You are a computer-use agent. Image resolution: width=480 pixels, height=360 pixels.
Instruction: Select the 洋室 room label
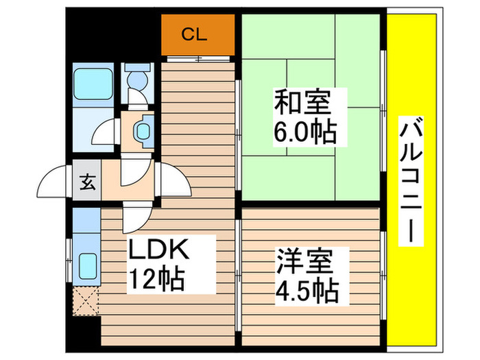pyautogui.click(x=305, y=263)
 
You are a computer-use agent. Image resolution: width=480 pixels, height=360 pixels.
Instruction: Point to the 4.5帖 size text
pyautogui.click(x=307, y=290)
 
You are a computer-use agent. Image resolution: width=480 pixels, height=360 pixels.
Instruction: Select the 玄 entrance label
pyautogui.click(x=87, y=182)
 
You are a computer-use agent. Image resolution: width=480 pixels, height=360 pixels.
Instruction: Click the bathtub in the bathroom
pyautogui.click(x=93, y=84)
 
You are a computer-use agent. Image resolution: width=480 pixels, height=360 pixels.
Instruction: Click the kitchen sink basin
pyautogui.click(x=87, y=265)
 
